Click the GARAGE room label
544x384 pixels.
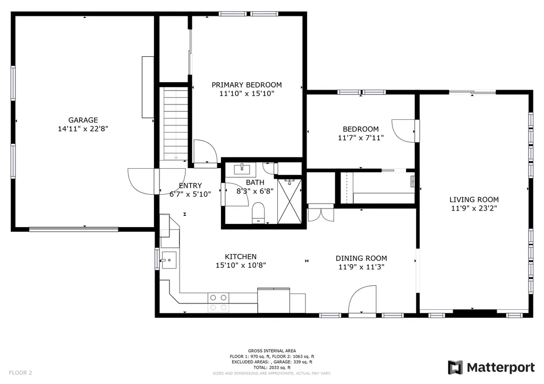click(x=83, y=120)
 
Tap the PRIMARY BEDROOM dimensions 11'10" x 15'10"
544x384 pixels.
click(x=246, y=93)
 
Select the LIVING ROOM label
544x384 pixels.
click(x=474, y=199)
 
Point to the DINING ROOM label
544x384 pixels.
click(x=361, y=258)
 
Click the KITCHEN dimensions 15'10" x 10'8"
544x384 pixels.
click(x=241, y=265)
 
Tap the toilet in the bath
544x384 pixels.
click(x=258, y=213)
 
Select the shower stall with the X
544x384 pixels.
click(x=290, y=201)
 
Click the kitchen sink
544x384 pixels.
click(x=169, y=260)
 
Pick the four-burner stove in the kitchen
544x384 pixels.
click(x=218, y=302)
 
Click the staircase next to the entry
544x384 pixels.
click(x=175, y=124)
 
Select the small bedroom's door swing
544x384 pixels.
click(x=404, y=130)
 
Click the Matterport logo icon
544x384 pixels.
click(x=455, y=368)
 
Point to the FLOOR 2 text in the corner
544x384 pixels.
click(x=21, y=373)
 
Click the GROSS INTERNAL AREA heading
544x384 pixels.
click(x=272, y=351)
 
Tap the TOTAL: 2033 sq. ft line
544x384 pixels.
click(x=272, y=368)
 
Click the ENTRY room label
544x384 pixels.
click(x=190, y=186)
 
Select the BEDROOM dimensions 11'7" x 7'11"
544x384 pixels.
click(x=361, y=138)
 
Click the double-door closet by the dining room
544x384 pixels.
click(x=321, y=212)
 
